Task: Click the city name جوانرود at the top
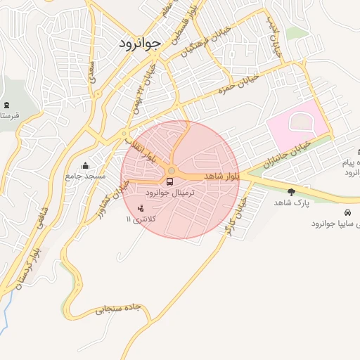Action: coord(141,42)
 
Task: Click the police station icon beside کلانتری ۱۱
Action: coord(141,207)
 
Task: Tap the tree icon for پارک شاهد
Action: coord(291,191)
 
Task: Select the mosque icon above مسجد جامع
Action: coord(86,167)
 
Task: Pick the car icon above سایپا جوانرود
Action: coord(348,212)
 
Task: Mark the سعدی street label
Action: coord(92,74)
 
